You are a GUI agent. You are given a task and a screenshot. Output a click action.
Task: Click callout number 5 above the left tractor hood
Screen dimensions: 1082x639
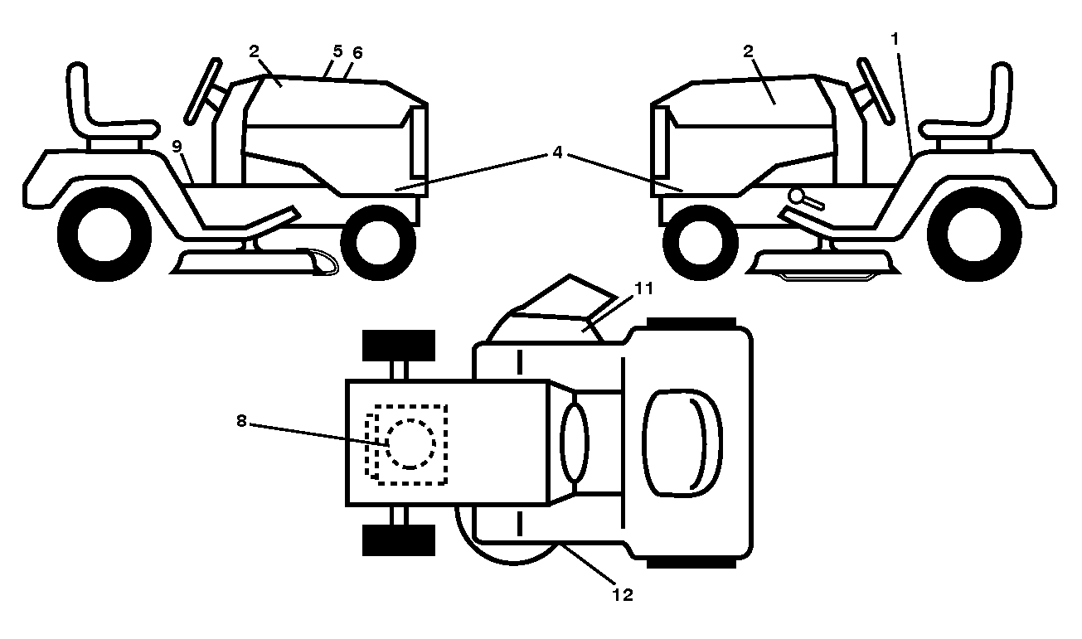337,51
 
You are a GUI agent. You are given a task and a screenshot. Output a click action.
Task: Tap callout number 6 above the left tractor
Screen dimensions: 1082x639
357,53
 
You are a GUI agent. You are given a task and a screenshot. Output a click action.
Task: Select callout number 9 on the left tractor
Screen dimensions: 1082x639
177,147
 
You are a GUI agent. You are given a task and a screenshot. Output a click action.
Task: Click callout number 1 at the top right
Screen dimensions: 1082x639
895,39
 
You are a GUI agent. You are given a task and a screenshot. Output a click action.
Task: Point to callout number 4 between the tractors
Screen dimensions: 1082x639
557,152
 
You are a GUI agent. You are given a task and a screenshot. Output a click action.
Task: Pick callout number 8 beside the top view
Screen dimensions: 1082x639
241,421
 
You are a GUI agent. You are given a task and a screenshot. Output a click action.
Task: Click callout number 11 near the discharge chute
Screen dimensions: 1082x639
643,288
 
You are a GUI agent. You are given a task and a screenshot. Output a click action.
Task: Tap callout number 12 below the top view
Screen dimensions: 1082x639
623,595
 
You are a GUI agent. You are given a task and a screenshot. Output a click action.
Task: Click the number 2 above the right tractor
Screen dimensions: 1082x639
748,51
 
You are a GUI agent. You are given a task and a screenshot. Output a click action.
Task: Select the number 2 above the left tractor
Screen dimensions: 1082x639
254,51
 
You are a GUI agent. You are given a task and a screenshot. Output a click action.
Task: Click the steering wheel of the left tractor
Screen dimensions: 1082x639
203,90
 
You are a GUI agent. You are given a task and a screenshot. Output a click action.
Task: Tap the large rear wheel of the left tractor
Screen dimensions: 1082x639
104,235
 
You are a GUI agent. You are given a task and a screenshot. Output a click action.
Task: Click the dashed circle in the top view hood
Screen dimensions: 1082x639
410,444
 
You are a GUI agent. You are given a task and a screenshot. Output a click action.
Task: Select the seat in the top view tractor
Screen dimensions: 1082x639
682,443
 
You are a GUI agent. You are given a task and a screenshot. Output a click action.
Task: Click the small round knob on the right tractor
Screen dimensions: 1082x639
796,196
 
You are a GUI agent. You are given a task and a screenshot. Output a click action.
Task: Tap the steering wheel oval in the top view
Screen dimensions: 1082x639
575,443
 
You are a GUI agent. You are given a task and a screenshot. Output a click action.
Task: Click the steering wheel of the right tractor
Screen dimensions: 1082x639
876,91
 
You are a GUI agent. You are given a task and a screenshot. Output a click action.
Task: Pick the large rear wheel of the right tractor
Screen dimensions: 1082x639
974,235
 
